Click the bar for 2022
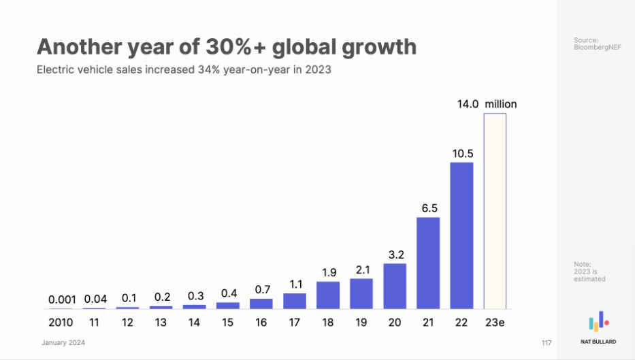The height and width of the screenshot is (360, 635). click(x=461, y=235)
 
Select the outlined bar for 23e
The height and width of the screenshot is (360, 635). click(x=495, y=211)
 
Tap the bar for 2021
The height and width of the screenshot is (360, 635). click(x=428, y=263)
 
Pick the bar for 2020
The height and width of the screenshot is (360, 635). click(x=395, y=286)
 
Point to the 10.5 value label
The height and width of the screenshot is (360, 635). click(x=462, y=154)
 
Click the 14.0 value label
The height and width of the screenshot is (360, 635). click(x=468, y=104)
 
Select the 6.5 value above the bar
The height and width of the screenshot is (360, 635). click(x=429, y=209)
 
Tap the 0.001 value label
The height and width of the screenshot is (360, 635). click(x=62, y=299)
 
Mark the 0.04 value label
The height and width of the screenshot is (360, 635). click(x=95, y=299)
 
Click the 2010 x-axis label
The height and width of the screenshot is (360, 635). click(x=62, y=322)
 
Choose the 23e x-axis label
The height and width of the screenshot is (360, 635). click(x=495, y=322)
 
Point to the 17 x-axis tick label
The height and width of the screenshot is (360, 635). click(x=295, y=322)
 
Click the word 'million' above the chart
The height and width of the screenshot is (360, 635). click(x=500, y=104)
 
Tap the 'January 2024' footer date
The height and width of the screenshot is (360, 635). click(x=64, y=342)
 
